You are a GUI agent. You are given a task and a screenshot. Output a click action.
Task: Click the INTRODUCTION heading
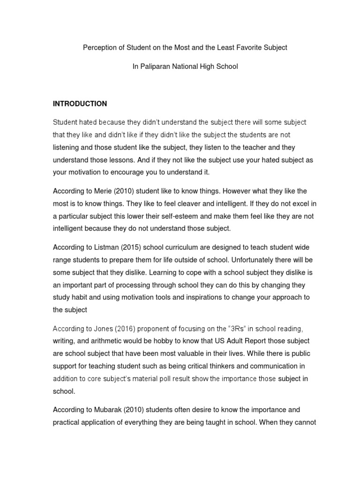(80, 104)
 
